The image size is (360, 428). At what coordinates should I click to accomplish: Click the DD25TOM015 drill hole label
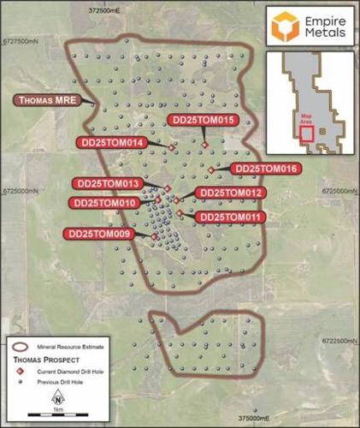[x=203, y=120]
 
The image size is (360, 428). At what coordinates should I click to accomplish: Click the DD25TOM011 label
[x=230, y=217]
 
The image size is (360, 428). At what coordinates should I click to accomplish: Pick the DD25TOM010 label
[x=106, y=203]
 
